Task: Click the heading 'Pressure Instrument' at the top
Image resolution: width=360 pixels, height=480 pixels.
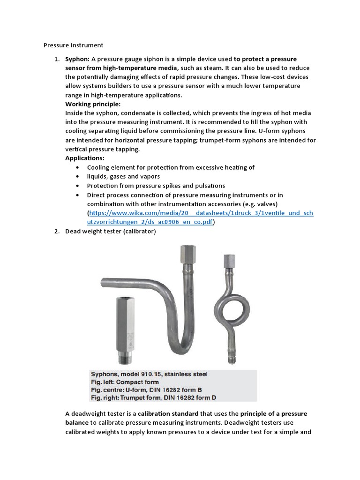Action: pyautogui.click(x=73, y=45)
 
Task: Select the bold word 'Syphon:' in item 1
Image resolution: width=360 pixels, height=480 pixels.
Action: pyautogui.click(x=77, y=59)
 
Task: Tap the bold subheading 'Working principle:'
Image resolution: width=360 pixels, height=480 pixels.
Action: pyautogui.click(x=93, y=104)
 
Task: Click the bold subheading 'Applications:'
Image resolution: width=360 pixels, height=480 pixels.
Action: pyautogui.click(x=85, y=158)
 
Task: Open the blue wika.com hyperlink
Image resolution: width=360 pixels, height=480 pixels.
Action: pyautogui.click(x=200, y=213)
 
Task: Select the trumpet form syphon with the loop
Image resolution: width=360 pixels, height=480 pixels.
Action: pyautogui.click(x=231, y=305)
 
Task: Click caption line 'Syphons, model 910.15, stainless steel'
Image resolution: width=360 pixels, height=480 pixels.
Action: pyautogui.click(x=149, y=374)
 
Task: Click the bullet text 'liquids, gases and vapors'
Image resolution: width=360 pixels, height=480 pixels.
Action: pyautogui.click(x=123, y=176)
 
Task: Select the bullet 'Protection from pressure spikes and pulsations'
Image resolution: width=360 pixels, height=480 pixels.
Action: pyautogui.click(x=156, y=186)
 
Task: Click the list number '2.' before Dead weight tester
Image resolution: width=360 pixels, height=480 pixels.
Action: pyautogui.click(x=56, y=232)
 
